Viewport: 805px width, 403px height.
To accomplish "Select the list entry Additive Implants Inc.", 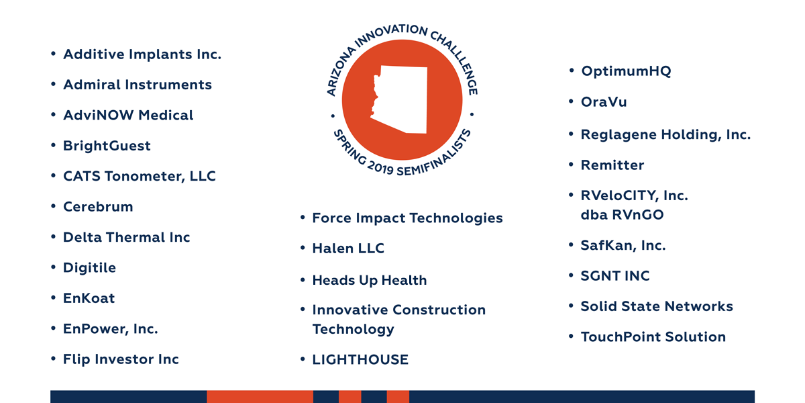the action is point(142,54).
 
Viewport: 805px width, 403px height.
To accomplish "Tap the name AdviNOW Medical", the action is point(128,115).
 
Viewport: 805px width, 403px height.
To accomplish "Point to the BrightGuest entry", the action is point(107,146).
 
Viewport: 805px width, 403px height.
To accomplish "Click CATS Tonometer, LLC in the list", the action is point(140,176).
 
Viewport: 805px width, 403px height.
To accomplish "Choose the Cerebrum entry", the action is point(98,207).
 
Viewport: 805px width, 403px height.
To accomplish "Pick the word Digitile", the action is point(89,268).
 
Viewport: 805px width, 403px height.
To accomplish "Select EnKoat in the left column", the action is point(89,298).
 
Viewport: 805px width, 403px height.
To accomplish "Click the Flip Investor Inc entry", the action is point(121,359).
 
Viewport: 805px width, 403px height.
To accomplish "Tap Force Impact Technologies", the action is point(408,218).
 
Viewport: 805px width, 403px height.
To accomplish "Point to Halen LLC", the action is point(348,249).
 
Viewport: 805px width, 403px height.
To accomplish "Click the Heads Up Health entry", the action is point(370,281).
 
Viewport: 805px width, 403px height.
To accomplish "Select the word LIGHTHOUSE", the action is point(360,360).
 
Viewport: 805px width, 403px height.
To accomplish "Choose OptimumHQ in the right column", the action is point(626,71).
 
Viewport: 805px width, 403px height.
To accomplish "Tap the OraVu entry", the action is point(604,102).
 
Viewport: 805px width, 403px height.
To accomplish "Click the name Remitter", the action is point(612,165).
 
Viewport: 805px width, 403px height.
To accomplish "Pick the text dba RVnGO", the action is point(622,215).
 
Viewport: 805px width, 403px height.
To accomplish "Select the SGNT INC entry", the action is point(615,276).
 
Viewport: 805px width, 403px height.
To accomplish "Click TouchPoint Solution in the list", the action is point(653,337).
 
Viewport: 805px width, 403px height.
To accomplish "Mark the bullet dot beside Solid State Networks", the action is point(571,306).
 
